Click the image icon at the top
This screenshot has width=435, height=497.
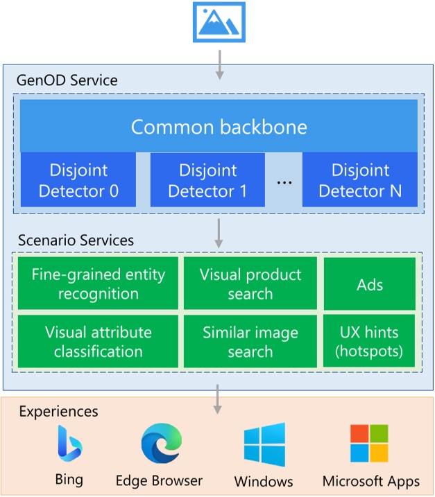click(218, 22)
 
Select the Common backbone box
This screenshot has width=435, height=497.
click(219, 127)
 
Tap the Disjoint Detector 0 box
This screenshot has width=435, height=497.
click(78, 180)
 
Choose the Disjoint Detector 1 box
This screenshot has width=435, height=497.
click(207, 180)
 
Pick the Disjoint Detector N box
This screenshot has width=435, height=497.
click(360, 180)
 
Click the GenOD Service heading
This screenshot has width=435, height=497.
click(67, 80)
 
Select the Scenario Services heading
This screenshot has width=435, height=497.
click(76, 241)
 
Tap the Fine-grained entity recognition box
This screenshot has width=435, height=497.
click(98, 284)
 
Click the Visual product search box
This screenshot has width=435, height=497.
click(250, 284)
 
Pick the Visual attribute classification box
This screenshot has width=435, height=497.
click(98, 341)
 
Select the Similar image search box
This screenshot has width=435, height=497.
click(250, 341)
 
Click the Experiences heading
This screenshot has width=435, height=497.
click(58, 412)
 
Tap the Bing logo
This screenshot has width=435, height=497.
click(69, 444)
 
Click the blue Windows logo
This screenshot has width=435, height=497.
click(264, 444)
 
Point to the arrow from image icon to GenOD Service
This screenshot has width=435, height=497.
click(219, 64)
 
